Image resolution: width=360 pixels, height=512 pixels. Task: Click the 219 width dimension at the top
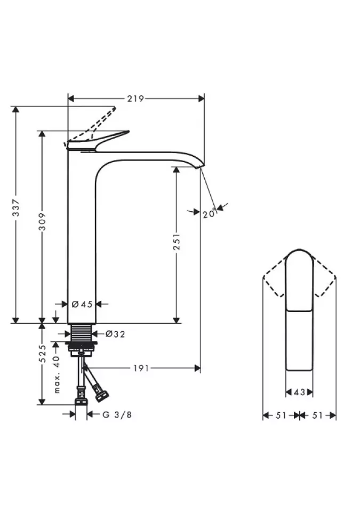[x=135, y=99]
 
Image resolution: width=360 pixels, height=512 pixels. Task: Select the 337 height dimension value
[x=15, y=207]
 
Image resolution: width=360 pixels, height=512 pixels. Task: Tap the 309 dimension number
[x=42, y=222]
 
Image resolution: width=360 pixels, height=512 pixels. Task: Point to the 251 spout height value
[x=177, y=241]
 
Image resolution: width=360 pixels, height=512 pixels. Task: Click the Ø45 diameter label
[x=82, y=305]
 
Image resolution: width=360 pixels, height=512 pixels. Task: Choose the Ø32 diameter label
[x=115, y=334]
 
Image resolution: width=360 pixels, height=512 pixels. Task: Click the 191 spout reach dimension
[x=141, y=369]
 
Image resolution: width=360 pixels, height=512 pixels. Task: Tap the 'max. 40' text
[x=57, y=374]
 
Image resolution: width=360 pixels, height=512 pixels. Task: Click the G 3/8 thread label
[x=117, y=415]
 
